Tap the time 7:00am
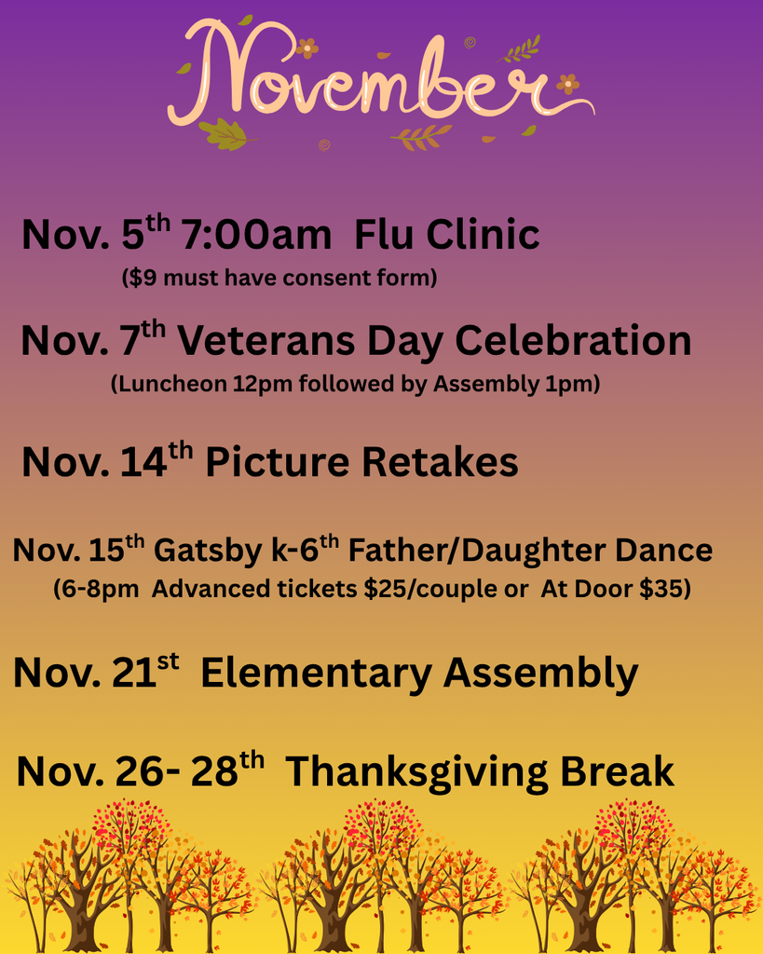[256, 236]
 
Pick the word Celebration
[573, 341]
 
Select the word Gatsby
[207, 551]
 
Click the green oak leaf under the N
[223, 133]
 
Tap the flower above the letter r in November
[567, 84]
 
